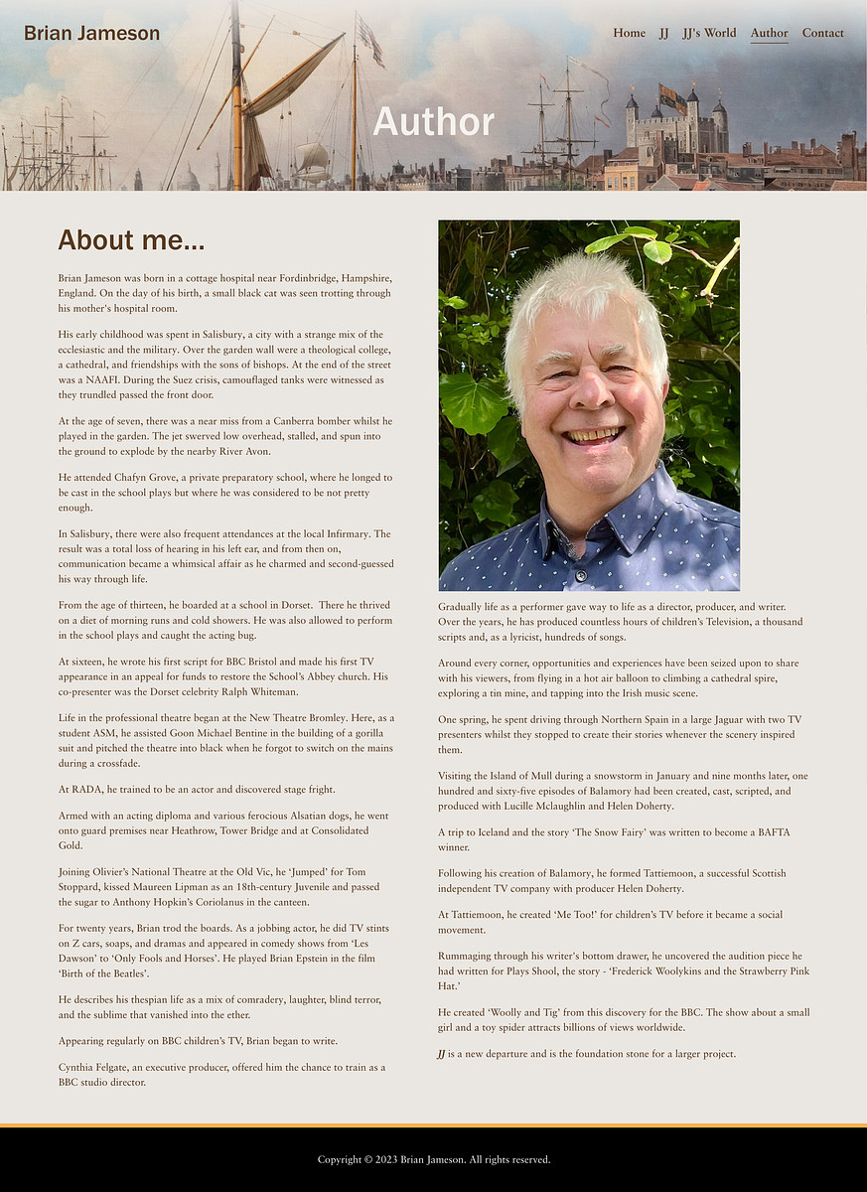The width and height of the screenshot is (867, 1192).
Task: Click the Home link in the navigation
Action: pos(629,33)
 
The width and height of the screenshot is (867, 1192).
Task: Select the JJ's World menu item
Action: pos(709,33)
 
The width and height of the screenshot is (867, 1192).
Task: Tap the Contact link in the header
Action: pos(822,33)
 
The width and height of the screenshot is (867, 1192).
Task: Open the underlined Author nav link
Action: pos(769,33)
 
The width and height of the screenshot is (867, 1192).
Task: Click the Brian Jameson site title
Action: pos(91,34)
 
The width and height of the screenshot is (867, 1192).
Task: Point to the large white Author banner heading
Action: pos(433,121)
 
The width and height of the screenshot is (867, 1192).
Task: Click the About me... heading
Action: pos(131,240)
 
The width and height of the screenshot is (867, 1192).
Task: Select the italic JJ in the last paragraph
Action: pos(441,1054)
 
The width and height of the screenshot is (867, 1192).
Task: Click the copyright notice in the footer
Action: pos(433,1159)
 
